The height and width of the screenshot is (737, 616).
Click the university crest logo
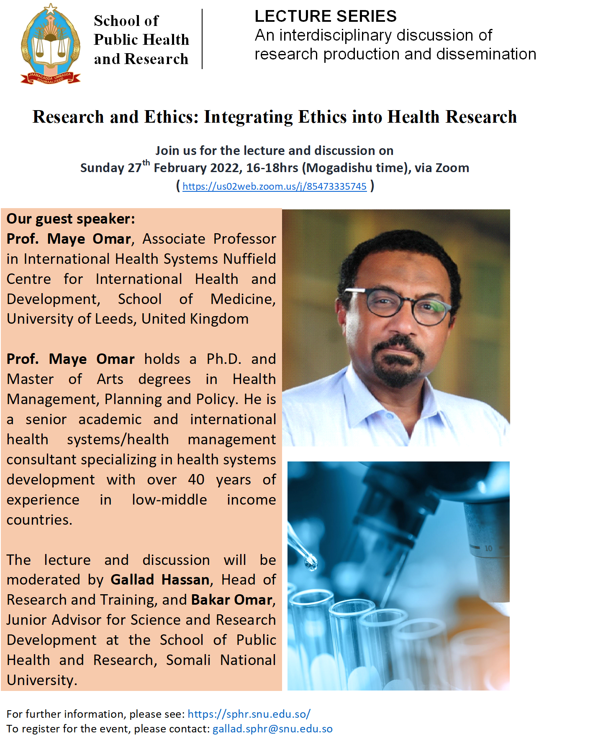51,44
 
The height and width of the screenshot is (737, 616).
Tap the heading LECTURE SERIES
326,16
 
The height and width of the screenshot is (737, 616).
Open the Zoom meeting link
275,186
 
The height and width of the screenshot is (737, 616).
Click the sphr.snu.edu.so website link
249,714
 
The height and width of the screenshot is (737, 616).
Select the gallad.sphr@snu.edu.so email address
272,729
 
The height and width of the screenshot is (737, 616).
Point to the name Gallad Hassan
160,580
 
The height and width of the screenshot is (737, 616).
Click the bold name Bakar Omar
231,600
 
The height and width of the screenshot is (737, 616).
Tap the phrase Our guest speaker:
71,219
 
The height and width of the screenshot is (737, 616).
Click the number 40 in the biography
196,479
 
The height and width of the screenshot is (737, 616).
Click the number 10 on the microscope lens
488,548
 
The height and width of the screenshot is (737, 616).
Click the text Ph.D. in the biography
224,359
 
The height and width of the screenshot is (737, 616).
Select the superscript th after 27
146,162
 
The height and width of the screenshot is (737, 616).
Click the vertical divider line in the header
202,39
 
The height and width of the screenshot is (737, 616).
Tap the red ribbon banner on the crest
50,78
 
